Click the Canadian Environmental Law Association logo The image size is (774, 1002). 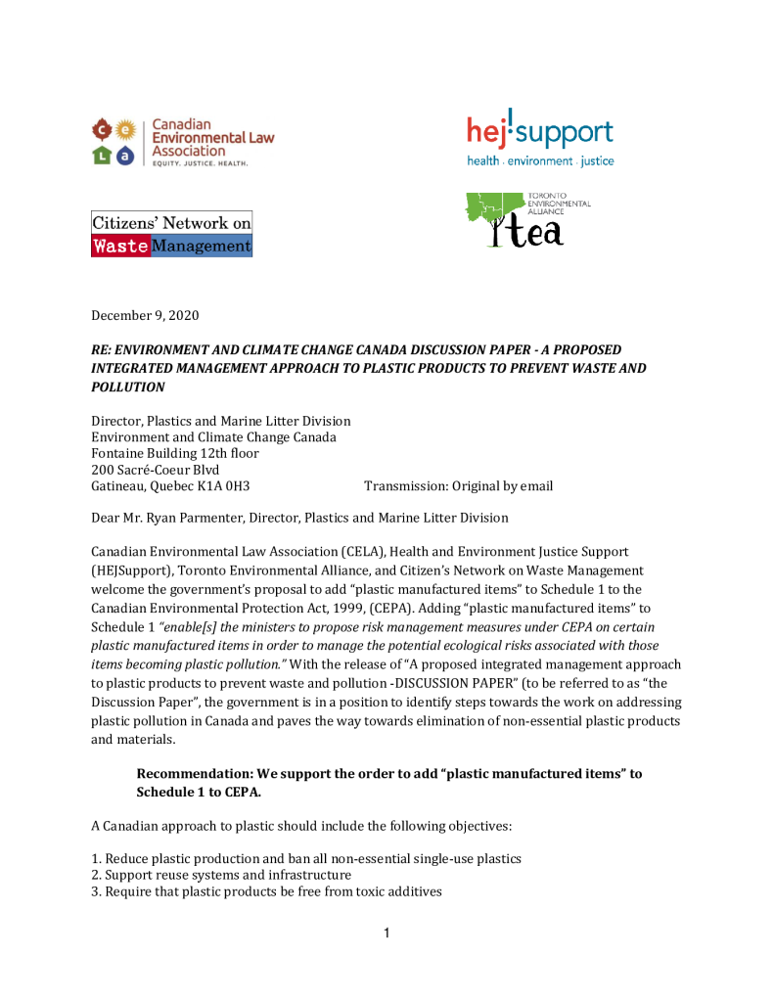(182, 143)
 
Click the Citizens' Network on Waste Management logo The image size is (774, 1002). (171, 235)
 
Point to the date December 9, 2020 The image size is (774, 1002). (144, 315)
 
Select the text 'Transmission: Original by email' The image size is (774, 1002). (458, 486)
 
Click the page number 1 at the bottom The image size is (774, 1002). (387, 934)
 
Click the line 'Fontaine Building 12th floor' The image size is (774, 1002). (175, 453)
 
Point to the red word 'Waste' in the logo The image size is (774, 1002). (120, 247)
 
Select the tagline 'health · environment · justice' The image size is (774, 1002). (540, 161)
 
